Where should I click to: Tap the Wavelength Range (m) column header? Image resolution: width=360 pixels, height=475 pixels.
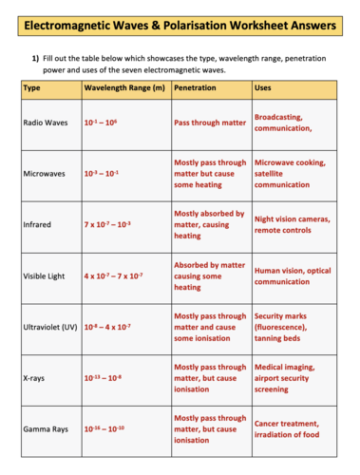coord(124,88)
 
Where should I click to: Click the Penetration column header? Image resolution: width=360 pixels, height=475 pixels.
coord(196,88)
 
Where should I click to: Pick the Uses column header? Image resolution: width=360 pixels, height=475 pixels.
coord(265,88)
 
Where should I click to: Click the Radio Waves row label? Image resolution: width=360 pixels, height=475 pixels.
coord(45,123)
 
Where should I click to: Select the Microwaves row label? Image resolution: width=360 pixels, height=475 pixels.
coord(44,174)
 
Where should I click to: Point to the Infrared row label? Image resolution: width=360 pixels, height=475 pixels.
coord(37,225)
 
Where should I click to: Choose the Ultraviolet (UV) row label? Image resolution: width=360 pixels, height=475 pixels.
coord(50,327)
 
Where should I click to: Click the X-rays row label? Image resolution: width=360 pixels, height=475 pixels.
coord(34,378)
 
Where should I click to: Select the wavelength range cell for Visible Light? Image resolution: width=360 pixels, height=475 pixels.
coord(113,275)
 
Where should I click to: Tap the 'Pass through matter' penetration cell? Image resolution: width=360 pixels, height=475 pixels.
coord(210,123)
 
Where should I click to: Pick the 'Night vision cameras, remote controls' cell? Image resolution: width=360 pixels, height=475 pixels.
coord(293,224)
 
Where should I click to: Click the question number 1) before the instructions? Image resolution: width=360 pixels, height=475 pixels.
coord(34,58)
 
